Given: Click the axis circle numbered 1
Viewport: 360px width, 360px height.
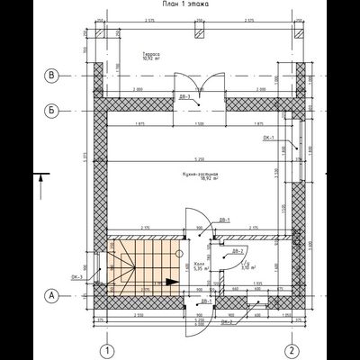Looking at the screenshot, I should click(106, 349).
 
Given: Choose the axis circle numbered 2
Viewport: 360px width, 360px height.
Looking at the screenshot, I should click(291, 349).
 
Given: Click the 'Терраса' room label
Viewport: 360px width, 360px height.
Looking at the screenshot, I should click(151, 55).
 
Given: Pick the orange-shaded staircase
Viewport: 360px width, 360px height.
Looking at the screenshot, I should click(139, 264).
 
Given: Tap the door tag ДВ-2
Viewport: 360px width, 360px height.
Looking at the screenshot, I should click(237, 249).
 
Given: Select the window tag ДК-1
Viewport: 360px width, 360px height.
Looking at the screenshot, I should click(268, 138).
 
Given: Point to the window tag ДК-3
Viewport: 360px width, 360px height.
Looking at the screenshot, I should click(79, 276).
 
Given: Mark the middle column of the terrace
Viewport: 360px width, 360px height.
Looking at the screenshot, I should click(198, 34).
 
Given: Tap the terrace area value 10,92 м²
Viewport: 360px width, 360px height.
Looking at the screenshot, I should click(151, 61).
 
